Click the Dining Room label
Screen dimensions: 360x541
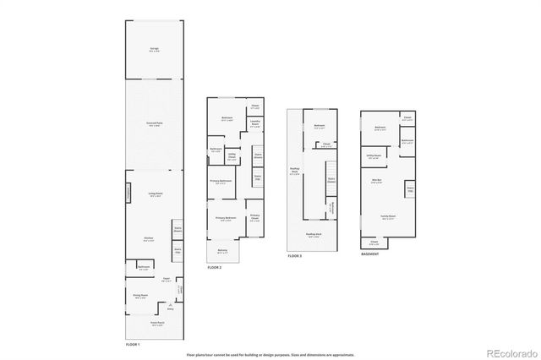(x=140, y=296)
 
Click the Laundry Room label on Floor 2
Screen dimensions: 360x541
(x=254, y=125)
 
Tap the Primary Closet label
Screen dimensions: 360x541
(x=254, y=218)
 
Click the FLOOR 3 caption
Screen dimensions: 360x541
(x=295, y=255)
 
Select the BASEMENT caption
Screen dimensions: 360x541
(x=370, y=254)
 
